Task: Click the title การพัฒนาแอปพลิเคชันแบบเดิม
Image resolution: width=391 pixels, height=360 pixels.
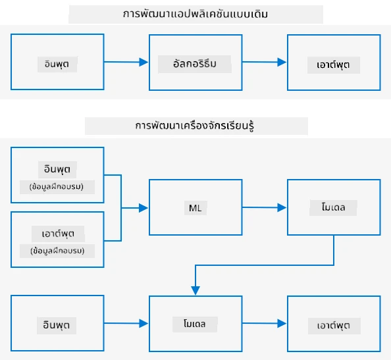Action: pyautogui.click(x=195, y=14)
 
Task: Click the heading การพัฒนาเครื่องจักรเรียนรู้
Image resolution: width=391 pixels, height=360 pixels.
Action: pyautogui.click(x=195, y=126)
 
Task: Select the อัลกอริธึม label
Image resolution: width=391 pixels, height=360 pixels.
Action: pyautogui.click(x=195, y=64)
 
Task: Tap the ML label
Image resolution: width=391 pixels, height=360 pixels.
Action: pyautogui.click(x=195, y=208)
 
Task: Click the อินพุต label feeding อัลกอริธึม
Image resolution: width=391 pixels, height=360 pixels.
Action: pyautogui.click(x=57, y=64)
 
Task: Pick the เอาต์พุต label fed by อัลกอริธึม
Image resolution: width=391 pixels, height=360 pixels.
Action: pyautogui.click(x=333, y=64)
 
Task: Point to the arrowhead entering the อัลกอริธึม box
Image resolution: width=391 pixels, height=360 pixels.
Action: pyautogui.click(x=143, y=62)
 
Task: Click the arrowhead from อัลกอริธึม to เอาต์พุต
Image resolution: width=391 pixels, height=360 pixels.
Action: pyautogui.click(x=282, y=62)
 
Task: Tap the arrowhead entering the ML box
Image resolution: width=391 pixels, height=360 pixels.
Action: pyautogui.click(x=143, y=208)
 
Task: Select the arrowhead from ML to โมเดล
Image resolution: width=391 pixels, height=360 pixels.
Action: pyautogui.click(x=282, y=207)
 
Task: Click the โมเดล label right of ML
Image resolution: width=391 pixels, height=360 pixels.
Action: pyautogui.click(x=333, y=207)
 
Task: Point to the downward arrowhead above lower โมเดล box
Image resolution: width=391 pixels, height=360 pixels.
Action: pyautogui.click(x=195, y=291)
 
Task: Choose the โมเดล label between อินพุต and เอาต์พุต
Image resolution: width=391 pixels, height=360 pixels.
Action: pyautogui.click(x=195, y=324)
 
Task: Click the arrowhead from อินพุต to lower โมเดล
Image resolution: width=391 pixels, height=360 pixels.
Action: pyautogui.click(x=143, y=323)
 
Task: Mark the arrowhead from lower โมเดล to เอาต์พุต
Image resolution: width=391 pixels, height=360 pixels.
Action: pyautogui.click(x=282, y=323)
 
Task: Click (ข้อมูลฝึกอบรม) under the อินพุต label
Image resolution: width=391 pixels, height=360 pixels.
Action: pyautogui.click(x=57, y=187)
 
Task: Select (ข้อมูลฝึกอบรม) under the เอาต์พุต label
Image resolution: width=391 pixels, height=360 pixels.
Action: pyautogui.click(x=57, y=251)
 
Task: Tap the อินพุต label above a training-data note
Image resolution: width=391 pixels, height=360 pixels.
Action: pyautogui.click(x=57, y=169)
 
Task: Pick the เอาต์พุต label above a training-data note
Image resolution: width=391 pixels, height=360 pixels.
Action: pyautogui.click(x=58, y=234)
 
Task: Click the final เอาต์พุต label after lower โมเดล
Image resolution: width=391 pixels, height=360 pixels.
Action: pyautogui.click(x=334, y=326)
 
